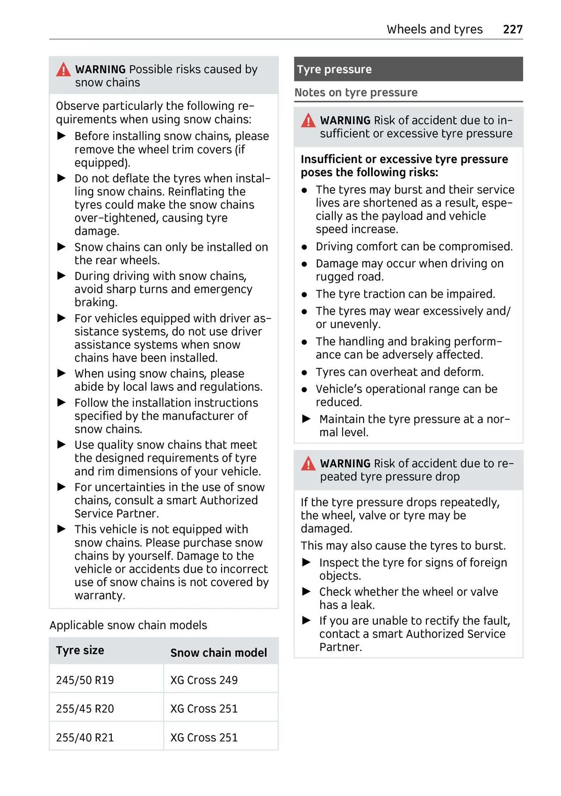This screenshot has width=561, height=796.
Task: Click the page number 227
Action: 512,29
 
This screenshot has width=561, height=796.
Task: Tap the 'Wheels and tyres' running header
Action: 434,29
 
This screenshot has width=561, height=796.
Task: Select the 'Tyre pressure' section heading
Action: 334,70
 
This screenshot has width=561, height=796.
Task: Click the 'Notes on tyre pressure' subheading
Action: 356,93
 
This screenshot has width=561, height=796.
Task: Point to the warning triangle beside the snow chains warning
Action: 63,70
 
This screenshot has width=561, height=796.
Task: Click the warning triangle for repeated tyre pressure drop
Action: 308,464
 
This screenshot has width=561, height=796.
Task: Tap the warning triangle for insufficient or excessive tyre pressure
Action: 308,121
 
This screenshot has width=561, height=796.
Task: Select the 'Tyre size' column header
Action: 80,650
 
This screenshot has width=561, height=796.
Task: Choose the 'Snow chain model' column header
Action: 218,653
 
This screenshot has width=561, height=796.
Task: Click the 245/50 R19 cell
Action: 85,680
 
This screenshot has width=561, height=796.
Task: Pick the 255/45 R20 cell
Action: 85,709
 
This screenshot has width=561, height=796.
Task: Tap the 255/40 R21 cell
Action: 85,738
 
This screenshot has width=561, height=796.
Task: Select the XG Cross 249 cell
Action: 204,680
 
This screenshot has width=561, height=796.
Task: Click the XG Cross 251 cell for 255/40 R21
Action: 204,738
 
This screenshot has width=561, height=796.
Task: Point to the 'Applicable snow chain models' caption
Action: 128,625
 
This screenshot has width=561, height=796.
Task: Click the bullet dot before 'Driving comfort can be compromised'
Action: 304,247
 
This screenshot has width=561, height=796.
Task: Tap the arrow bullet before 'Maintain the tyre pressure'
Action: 307,419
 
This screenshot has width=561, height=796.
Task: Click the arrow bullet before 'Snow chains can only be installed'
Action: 62,247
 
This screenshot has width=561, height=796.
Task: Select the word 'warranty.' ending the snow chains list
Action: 100,595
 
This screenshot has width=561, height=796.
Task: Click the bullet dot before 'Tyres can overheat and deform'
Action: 304,373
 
